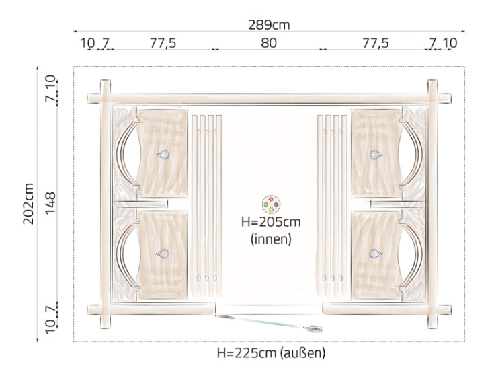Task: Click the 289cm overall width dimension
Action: (269, 25)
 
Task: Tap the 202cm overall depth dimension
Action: (28, 203)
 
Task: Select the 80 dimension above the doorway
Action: (269, 43)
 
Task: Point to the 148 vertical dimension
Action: (50, 203)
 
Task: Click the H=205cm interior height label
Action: (271, 221)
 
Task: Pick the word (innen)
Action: (271, 239)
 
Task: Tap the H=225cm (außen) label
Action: (271, 353)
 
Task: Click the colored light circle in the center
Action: (271, 204)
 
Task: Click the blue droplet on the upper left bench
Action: (163, 155)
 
